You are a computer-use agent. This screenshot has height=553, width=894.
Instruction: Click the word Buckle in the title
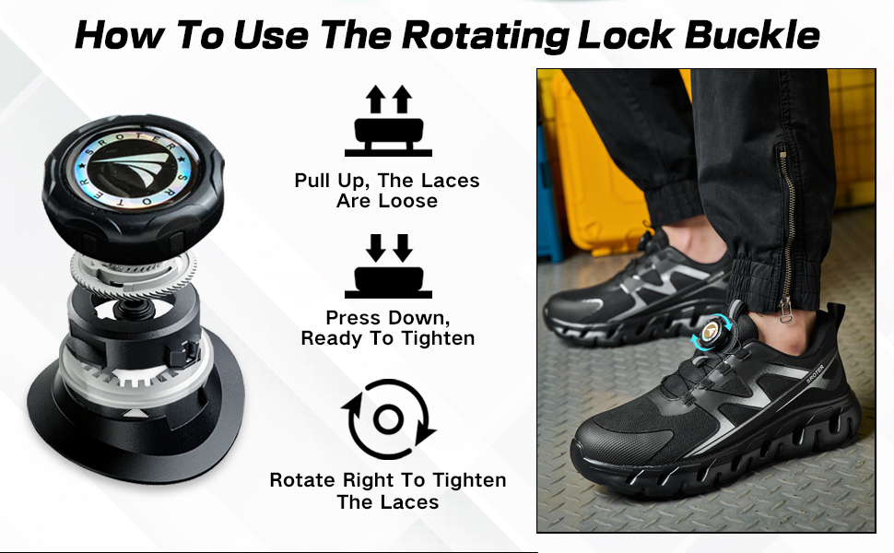click(752, 35)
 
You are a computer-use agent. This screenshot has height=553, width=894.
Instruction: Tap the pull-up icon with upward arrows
click(388, 121)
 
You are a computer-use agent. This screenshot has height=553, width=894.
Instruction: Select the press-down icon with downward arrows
click(388, 265)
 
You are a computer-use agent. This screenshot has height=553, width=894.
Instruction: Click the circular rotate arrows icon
click(389, 419)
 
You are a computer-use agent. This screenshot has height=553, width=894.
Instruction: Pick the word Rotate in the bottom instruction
click(302, 480)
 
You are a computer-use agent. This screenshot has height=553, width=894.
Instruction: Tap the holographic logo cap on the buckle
click(135, 168)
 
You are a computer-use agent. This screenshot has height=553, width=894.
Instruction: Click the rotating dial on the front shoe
click(713, 333)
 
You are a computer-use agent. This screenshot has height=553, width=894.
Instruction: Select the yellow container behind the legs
click(599, 165)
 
